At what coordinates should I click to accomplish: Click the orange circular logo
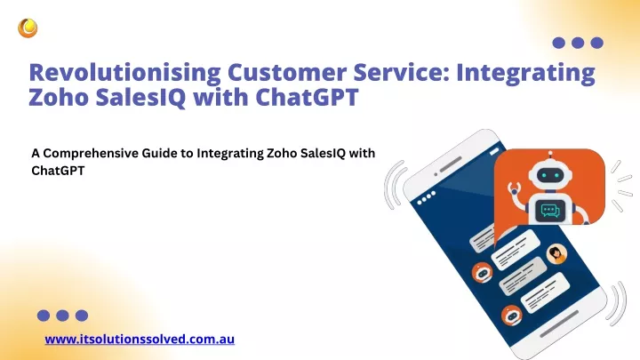click(x=28, y=28)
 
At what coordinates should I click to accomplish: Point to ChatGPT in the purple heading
click(x=307, y=97)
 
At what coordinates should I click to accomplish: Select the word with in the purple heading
click(x=220, y=97)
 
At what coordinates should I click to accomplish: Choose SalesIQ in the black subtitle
click(x=323, y=153)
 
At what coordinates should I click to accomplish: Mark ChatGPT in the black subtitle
click(x=58, y=171)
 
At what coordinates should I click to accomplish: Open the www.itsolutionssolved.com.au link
click(x=140, y=340)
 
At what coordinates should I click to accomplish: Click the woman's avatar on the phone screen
click(x=556, y=254)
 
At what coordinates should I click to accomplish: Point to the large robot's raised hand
click(x=514, y=189)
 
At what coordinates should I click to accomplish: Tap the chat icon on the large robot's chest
click(x=550, y=211)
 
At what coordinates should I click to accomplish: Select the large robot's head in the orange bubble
click(x=550, y=175)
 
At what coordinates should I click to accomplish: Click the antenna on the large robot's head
click(x=550, y=154)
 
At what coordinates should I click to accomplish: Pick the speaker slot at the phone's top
click(x=451, y=164)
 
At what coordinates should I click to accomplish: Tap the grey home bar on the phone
click(x=559, y=324)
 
